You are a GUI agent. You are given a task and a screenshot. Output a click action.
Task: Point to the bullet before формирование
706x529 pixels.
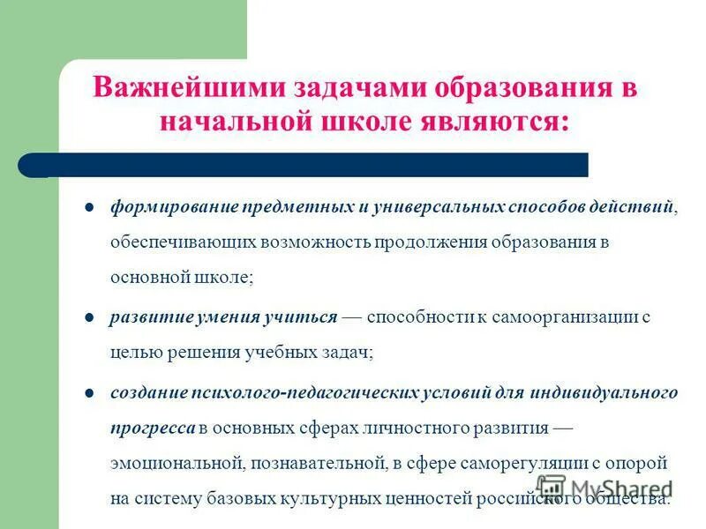point(89,208)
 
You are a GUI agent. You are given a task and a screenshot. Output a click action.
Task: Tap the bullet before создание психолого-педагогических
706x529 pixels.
point(89,391)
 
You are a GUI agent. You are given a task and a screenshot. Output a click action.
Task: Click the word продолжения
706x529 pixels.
point(423,242)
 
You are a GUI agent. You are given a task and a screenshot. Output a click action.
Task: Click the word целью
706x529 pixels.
point(134,352)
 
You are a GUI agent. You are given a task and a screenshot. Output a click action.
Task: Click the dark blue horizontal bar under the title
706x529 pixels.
point(309,165)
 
